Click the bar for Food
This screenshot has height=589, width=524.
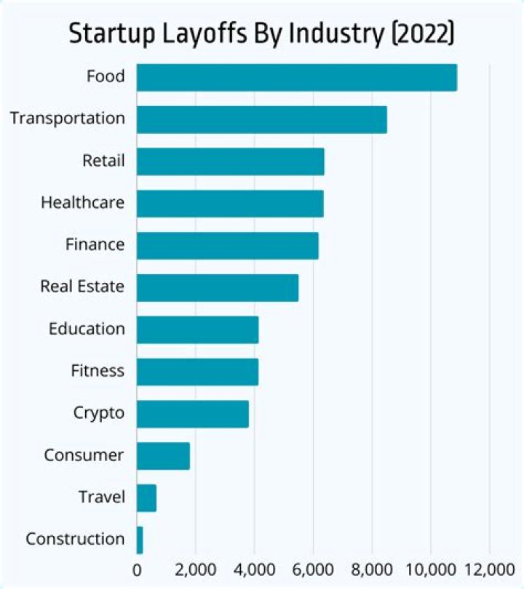pos(297,77)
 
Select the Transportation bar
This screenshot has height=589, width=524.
pos(262,119)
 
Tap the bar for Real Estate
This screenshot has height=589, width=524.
pos(218,287)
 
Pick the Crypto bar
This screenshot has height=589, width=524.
pos(193,414)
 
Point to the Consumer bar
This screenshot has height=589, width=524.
pos(163,456)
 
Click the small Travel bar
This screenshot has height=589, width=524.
pos(146,498)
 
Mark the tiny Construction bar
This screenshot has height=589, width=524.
pos(140,540)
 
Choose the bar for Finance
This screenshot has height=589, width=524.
pos(228,246)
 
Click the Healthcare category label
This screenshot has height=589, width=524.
pos(82,202)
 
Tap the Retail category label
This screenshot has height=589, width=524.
pos(103,160)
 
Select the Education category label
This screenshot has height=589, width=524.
pos(87,329)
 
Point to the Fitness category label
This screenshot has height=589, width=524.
pos(98,371)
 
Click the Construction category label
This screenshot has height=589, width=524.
pos(75,540)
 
